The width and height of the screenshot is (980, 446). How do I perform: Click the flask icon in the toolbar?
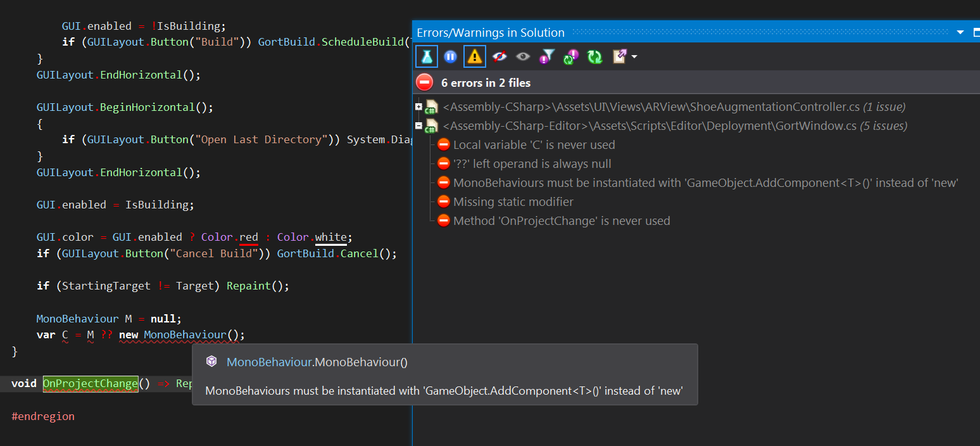coord(427,57)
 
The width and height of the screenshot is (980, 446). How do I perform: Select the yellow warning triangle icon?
coord(474,57)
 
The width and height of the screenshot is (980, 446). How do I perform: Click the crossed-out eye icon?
coord(499,57)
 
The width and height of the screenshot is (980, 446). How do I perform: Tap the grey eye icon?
coord(522,57)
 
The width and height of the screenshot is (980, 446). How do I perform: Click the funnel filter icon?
coord(547,57)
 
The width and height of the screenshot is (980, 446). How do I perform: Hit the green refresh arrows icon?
coord(594,57)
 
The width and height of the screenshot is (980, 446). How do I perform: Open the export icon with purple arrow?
coord(620,57)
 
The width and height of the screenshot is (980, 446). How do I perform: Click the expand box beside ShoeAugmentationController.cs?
coord(418,106)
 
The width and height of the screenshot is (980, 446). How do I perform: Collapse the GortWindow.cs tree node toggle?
coord(418,125)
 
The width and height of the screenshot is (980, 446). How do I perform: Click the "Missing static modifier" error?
coord(513,202)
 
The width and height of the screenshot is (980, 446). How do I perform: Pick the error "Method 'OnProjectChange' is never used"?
coord(562,221)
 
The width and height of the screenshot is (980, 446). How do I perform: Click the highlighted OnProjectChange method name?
coord(91,384)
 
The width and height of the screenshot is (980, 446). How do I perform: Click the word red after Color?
coord(249,237)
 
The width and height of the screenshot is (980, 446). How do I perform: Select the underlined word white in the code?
coord(330,237)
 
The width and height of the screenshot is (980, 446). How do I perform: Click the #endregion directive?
coord(43,416)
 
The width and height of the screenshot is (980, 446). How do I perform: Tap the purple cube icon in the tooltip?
coord(212,362)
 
